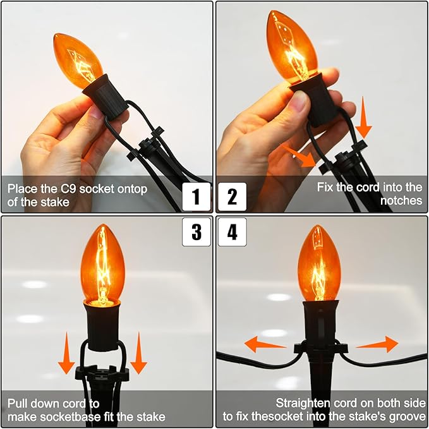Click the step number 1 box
196,196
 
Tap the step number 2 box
233,196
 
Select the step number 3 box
196,232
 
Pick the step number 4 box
233,232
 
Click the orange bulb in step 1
78,61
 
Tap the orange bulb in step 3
102,264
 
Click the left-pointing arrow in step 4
265,344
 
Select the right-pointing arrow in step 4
377,344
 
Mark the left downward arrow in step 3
66,353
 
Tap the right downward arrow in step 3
139,353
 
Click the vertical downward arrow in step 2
363,117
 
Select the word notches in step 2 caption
401,200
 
